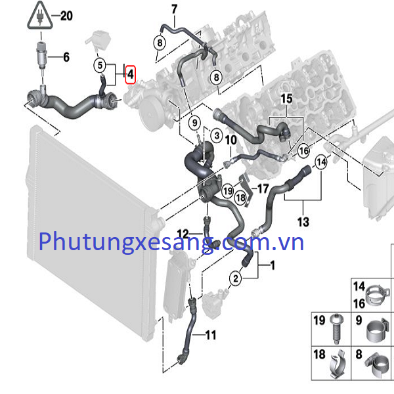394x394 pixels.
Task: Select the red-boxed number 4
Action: (x=130, y=74)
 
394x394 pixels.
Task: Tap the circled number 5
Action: (x=100, y=65)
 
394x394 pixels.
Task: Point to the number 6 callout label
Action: (x=66, y=57)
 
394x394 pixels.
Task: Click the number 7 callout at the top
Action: (x=174, y=9)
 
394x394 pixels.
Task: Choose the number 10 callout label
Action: (x=230, y=140)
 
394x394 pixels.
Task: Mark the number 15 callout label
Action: (x=286, y=98)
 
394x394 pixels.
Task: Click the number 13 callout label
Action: (x=303, y=222)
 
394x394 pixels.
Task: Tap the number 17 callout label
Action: (x=263, y=188)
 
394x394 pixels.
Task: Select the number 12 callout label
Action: (x=182, y=233)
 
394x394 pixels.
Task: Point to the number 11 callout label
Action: (x=209, y=336)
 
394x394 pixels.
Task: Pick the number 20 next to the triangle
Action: (x=66, y=16)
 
